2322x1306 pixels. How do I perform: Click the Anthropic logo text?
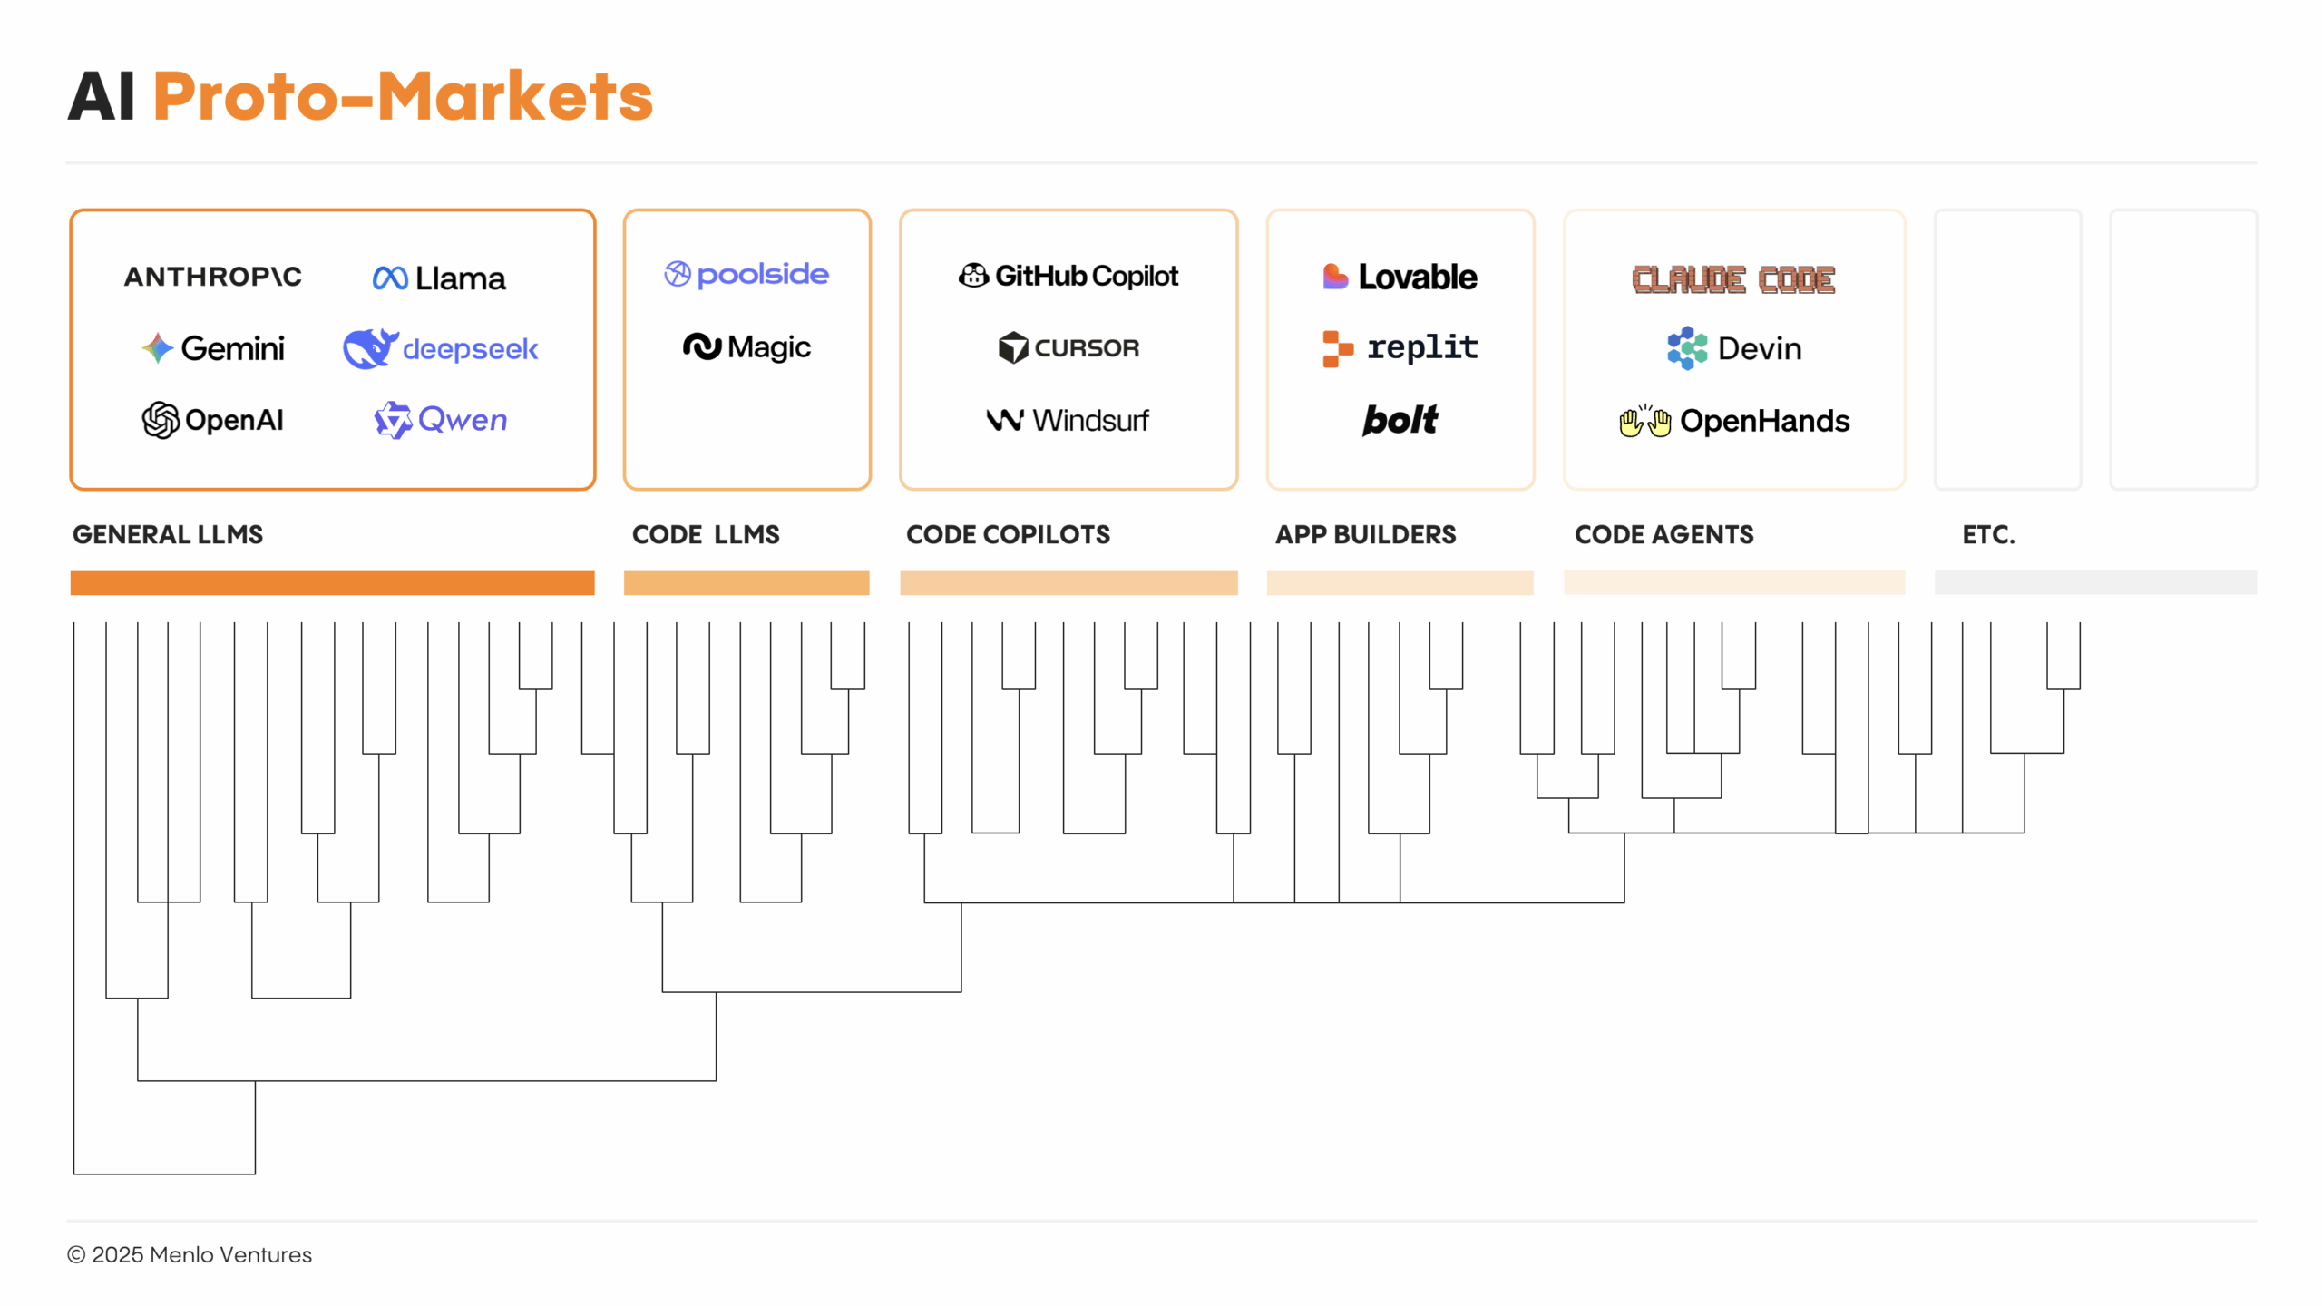point(212,277)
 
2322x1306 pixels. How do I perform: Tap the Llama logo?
point(439,278)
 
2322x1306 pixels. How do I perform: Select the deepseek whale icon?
point(369,348)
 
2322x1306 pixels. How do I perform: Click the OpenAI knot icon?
point(161,420)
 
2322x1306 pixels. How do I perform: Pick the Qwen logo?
point(441,420)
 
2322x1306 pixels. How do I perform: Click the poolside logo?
point(746,274)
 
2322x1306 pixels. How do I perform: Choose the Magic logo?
point(746,346)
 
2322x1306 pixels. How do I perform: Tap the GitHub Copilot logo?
point(1068,276)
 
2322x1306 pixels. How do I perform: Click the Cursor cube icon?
point(1012,347)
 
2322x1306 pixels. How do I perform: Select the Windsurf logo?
point(1068,420)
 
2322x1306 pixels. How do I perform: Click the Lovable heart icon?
point(1334,277)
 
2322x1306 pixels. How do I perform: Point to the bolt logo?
point(1400,420)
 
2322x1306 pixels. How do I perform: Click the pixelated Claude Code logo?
point(1732,279)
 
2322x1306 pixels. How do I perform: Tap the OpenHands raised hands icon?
point(1644,422)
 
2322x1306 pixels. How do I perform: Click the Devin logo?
point(1733,348)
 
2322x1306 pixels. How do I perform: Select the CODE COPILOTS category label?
point(1008,534)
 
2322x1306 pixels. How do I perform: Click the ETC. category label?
point(1988,534)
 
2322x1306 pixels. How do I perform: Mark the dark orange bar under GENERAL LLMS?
point(332,582)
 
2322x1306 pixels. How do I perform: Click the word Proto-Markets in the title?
point(403,96)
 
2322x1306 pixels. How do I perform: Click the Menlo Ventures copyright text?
point(190,1254)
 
